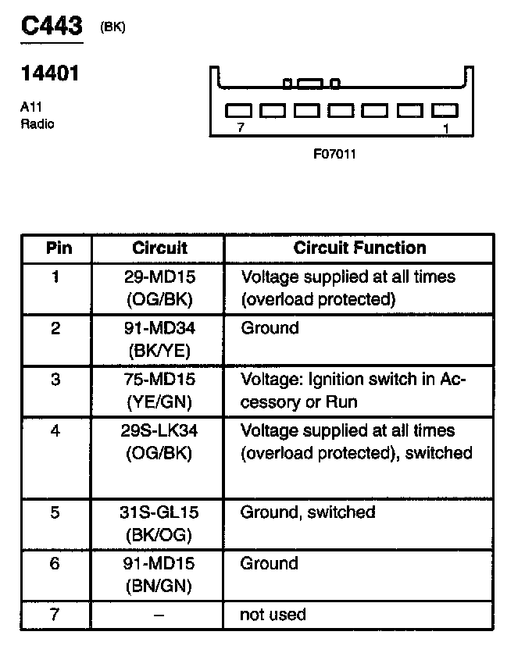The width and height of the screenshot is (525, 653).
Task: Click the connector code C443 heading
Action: tap(51, 26)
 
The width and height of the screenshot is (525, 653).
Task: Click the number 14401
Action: tap(50, 75)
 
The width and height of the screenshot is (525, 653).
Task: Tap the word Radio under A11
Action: tap(37, 123)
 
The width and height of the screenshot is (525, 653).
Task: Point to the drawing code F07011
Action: tap(334, 154)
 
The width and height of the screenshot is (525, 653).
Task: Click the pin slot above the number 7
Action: tap(237, 111)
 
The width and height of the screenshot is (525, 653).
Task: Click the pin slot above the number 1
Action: tap(445, 111)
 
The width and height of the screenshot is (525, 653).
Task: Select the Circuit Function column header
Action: tap(359, 248)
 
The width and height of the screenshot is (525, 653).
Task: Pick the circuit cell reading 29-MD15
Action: tap(159, 277)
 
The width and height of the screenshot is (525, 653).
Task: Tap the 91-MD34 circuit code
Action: tap(159, 329)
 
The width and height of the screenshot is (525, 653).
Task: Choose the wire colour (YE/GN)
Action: tap(159, 401)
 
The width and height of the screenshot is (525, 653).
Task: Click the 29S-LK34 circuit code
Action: tap(159, 431)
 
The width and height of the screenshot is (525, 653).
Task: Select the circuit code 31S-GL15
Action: tap(159, 513)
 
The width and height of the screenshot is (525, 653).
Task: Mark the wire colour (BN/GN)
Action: tap(159, 585)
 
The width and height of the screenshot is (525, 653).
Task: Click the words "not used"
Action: tap(273, 615)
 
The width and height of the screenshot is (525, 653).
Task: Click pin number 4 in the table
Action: tap(55, 431)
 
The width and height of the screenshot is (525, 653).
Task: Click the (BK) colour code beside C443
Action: tap(112, 27)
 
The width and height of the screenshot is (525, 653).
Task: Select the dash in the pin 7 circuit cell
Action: tap(159, 616)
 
